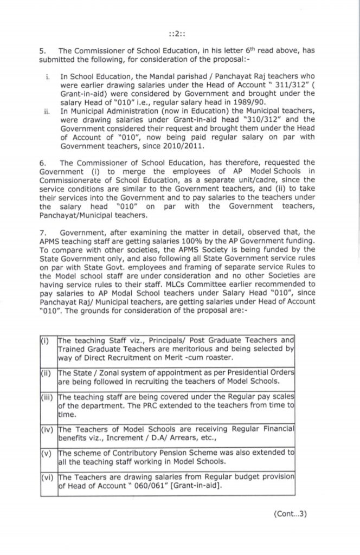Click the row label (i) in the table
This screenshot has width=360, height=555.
45,340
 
